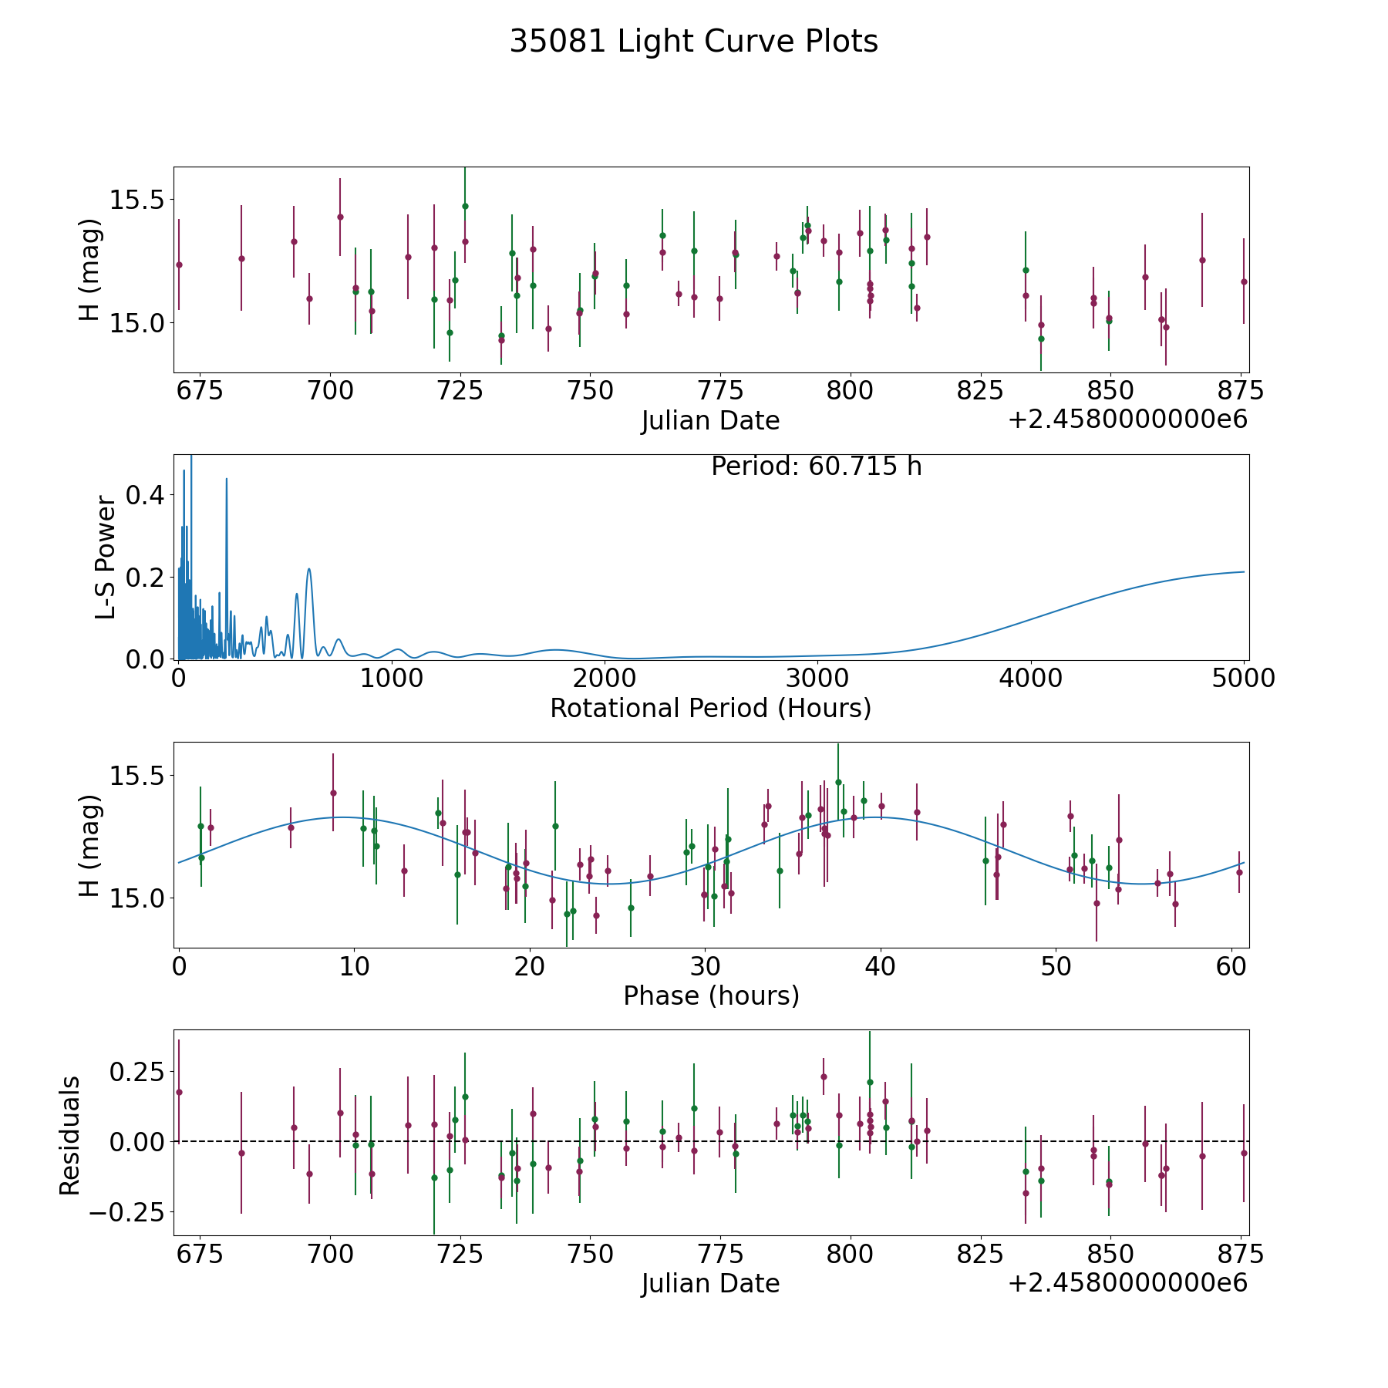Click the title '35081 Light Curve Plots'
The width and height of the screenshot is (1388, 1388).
click(694, 42)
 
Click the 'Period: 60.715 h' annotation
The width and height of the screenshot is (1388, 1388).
click(817, 467)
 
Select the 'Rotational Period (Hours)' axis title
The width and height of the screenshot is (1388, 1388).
click(711, 708)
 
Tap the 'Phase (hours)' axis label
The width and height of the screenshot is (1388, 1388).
click(711, 996)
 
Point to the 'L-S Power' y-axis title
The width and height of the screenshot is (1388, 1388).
click(106, 558)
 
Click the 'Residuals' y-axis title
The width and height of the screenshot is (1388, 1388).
click(70, 1136)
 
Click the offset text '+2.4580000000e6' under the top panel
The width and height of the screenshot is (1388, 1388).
click(1127, 420)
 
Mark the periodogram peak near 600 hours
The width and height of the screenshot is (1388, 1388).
click(309, 569)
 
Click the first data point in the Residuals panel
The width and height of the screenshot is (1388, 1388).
click(179, 1092)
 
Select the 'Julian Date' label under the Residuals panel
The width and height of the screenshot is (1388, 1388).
click(711, 1284)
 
